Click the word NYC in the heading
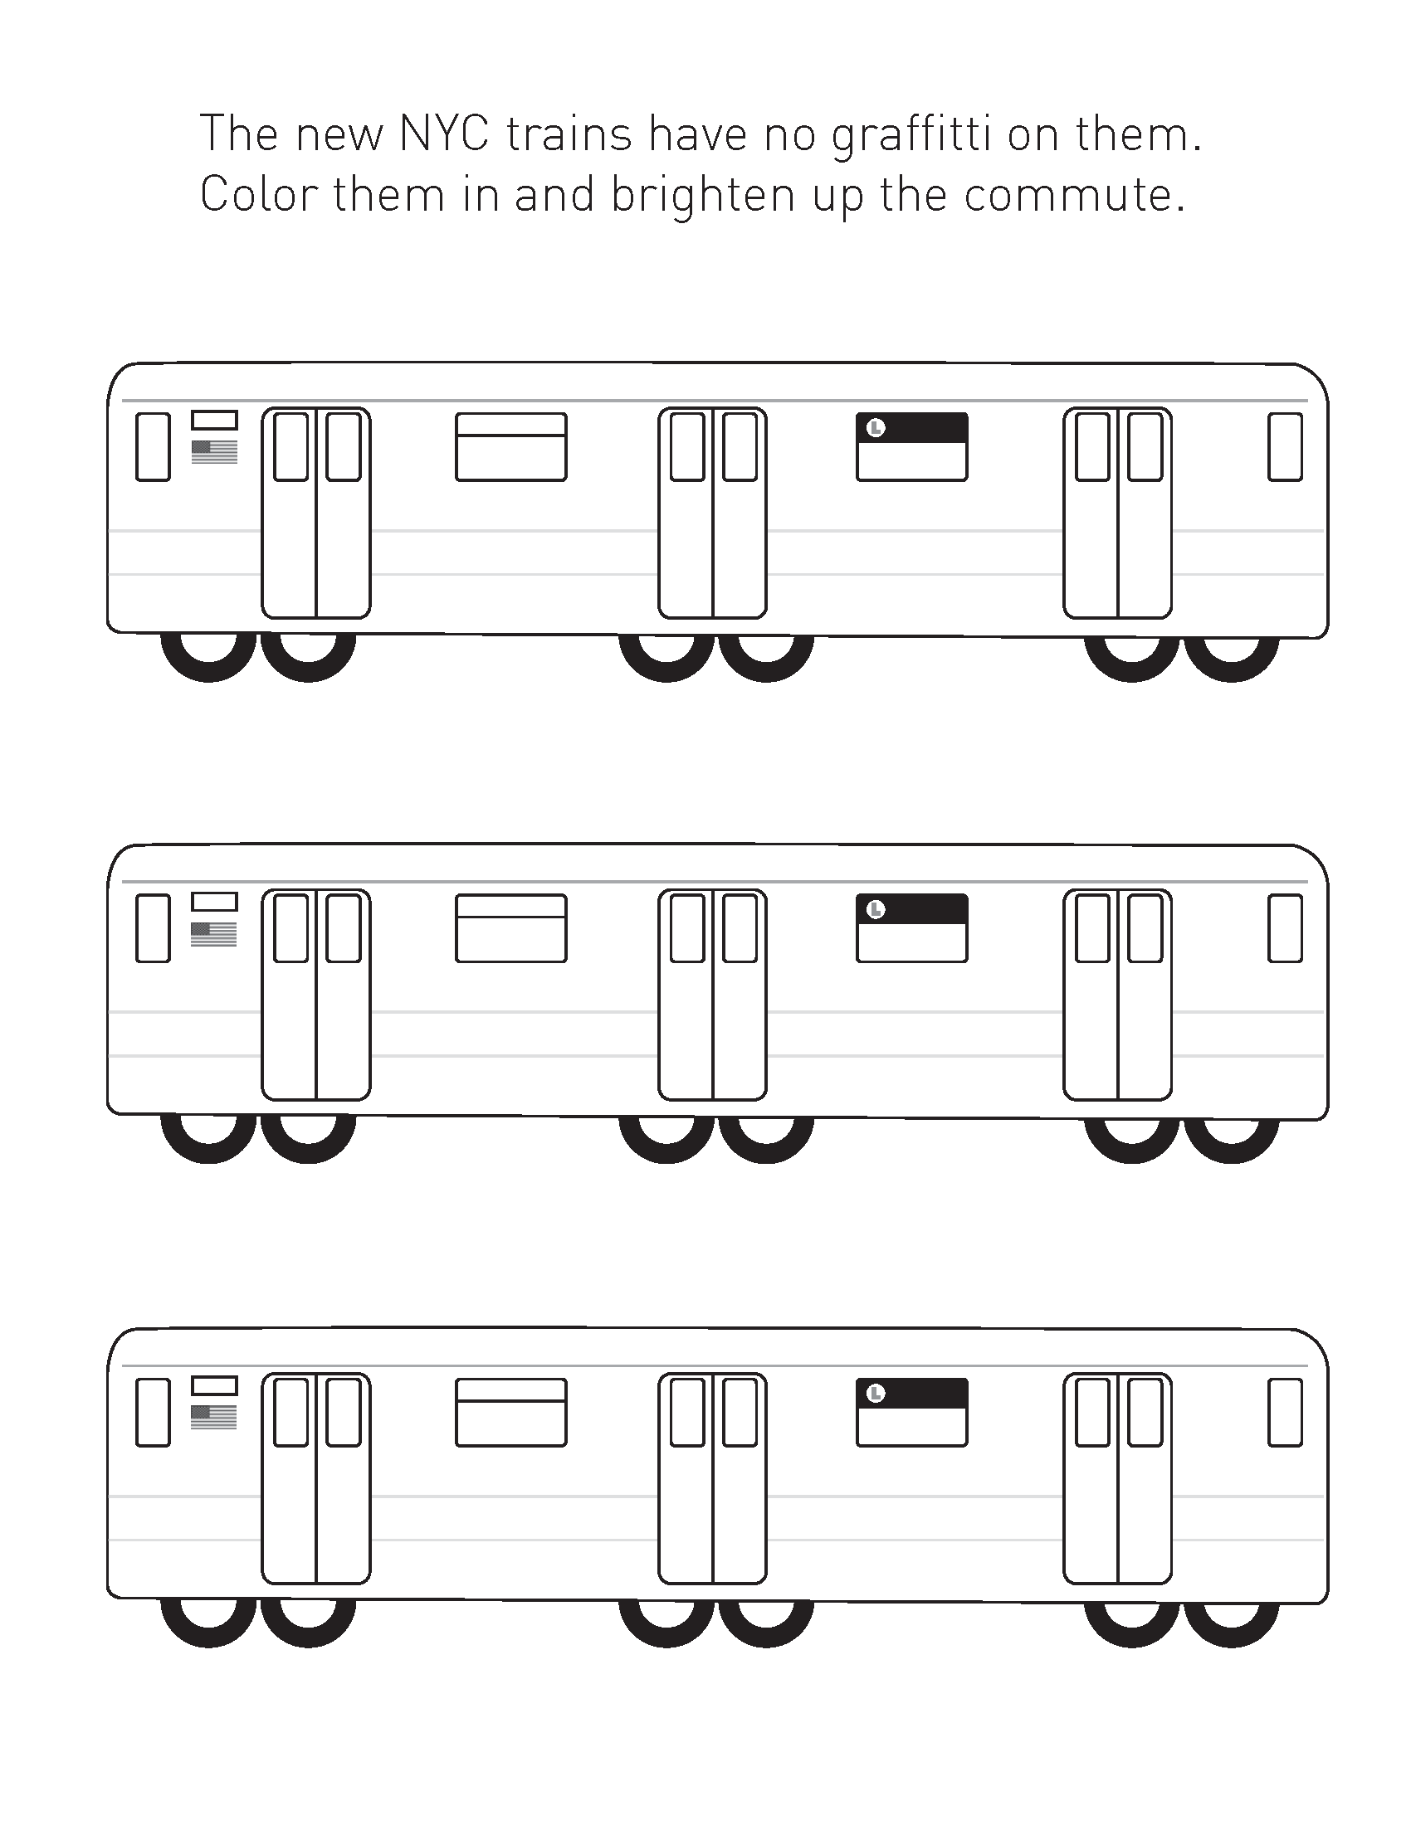[x=444, y=134]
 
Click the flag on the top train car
[x=215, y=451]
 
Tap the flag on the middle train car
[x=214, y=934]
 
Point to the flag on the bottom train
[x=214, y=1416]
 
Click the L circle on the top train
[x=875, y=428]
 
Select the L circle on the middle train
[x=875, y=909]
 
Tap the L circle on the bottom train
[x=875, y=1393]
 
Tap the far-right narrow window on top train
[x=1285, y=446]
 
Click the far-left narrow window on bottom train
[x=153, y=1412]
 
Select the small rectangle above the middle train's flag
[x=214, y=902]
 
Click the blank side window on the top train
[x=510, y=447]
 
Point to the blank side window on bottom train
[x=510, y=1412]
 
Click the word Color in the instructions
[x=259, y=196]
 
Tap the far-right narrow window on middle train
[x=1285, y=928]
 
